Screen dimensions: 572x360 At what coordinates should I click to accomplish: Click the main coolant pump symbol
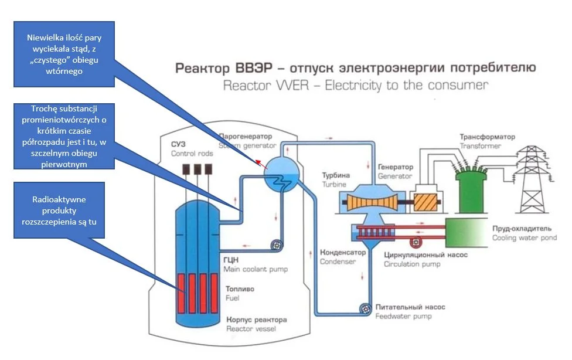click(277, 245)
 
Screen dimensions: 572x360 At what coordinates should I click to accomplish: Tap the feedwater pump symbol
click(365, 309)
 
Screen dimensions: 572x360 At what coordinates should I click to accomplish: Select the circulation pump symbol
click(416, 242)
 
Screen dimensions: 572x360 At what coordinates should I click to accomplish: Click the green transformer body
click(471, 191)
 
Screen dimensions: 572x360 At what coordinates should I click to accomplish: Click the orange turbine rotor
click(372, 202)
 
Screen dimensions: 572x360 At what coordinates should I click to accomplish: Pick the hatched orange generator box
click(425, 202)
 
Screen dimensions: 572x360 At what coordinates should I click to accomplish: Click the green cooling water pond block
click(467, 233)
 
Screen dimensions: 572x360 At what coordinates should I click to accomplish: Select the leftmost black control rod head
click(186, 169)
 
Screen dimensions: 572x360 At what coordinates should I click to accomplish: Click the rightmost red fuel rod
click(214, 293)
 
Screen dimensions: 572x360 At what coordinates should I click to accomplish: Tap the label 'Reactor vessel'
click(251, 329)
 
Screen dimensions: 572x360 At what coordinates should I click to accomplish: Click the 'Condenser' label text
click(338, 261)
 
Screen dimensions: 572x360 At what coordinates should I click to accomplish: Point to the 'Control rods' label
click(192, 154)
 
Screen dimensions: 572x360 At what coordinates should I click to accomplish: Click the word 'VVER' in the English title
click(292, 86)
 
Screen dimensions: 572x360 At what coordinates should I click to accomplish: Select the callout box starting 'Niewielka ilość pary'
click(64, 54)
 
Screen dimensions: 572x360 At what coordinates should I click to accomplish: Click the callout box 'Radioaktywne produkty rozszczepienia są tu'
click(59, 210)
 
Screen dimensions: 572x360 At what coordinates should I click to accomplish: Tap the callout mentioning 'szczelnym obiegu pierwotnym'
click(64, 136)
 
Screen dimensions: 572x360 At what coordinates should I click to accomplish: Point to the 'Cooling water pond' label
click(525, 238)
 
